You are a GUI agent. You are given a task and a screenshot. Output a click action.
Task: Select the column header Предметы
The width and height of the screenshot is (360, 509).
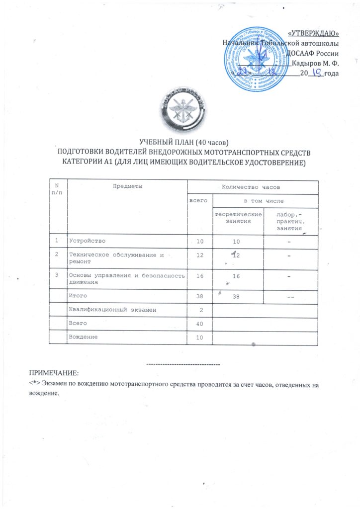tap(126, 186)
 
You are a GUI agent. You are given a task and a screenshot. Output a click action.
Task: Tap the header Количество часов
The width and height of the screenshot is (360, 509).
tap(253, 187)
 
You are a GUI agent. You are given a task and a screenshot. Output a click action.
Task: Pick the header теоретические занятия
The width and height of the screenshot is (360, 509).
tap(238, 217)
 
